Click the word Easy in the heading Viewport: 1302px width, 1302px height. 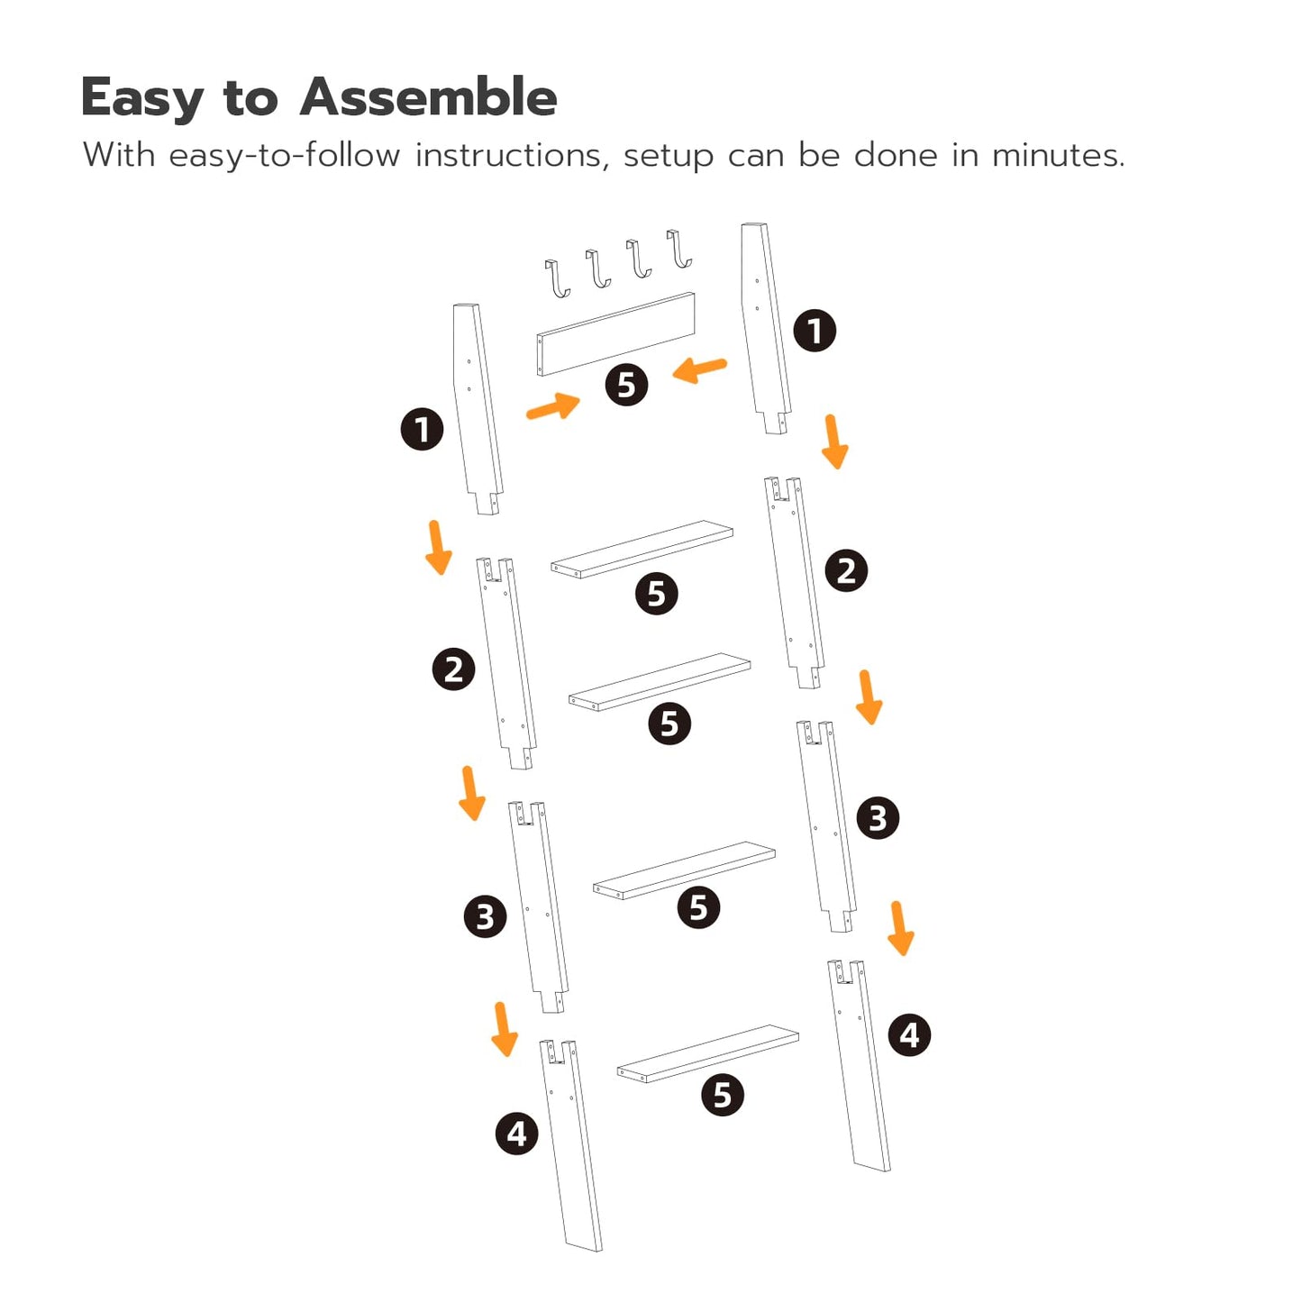point(141,99)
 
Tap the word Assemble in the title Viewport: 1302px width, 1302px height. point(428,97)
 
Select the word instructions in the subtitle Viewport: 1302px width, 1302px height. point(508,155)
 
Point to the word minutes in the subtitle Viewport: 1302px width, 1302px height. point(1058,155)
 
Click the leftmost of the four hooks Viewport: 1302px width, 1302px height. point(559,279)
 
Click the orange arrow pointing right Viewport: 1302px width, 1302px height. point(552,406)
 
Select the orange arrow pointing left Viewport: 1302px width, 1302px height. point(699,369)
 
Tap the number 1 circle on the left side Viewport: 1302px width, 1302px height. point(423,429)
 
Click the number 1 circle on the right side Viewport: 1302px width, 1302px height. point(815,331)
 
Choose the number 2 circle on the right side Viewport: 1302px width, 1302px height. point(846,570)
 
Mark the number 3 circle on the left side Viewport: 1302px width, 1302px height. point(485,916)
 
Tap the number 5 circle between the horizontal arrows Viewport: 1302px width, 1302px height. point(626,385)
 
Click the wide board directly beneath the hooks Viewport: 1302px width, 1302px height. point(615,333)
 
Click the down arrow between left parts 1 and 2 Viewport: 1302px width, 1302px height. point(438,547)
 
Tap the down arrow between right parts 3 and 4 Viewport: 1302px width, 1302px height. point(900,928)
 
